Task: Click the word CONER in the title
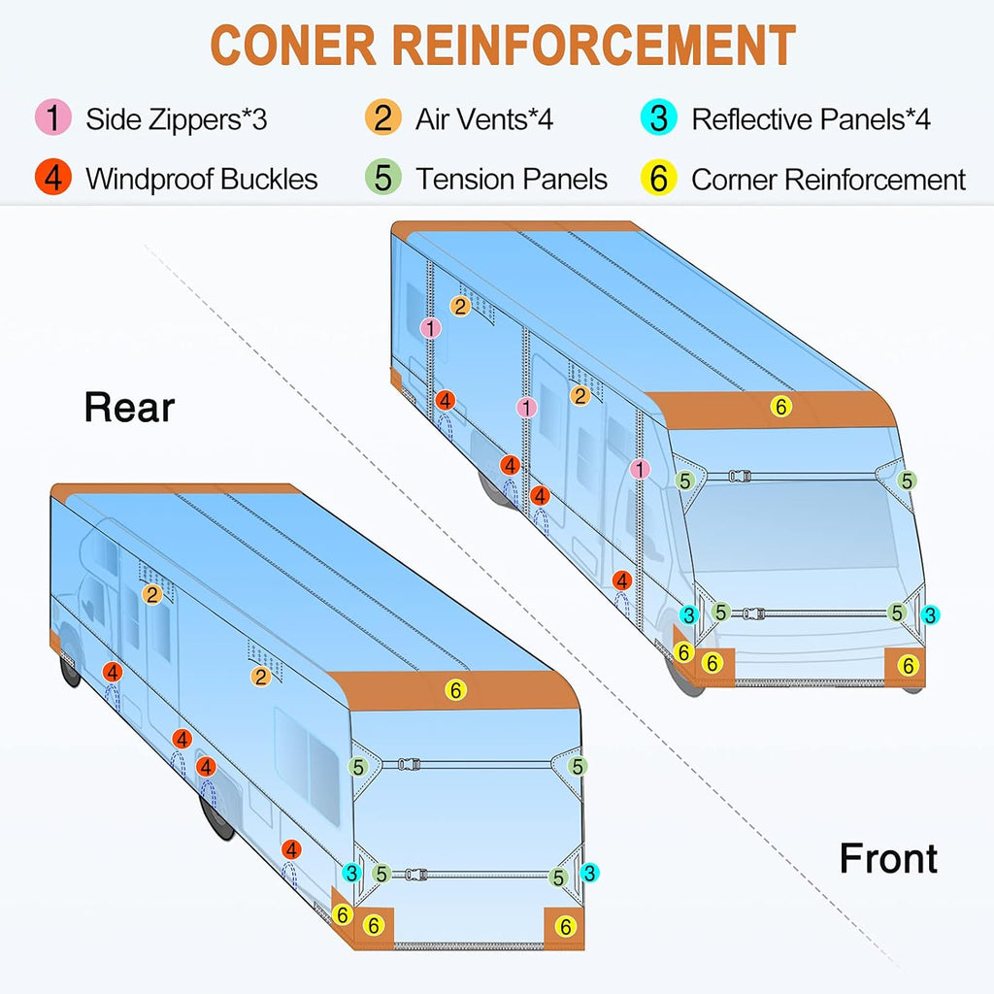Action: click(293, 45)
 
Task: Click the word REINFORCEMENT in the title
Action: click(595, 45)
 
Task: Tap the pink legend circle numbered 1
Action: click(53, 117)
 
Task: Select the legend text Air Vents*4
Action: click(484, 119)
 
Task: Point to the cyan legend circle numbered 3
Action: click(659, 117)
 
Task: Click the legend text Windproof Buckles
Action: click(202, 179)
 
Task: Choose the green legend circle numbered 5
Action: click(382, 177)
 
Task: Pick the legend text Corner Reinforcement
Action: click(829, 180)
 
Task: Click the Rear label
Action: click(129, 407)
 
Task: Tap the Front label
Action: click(888, 858)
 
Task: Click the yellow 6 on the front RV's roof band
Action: click(781, 407)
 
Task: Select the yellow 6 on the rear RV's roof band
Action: click(455, 690)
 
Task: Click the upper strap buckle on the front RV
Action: click(740, 476)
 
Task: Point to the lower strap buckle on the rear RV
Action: click(415, 875)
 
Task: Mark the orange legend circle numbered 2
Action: click(382, 117)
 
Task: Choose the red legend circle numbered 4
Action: click(53, 177)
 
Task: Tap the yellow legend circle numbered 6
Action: click(659, 177)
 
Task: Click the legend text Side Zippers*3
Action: click(177, 119)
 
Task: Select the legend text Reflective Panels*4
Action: click(811, 119)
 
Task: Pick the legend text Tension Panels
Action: click(511, 179)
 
